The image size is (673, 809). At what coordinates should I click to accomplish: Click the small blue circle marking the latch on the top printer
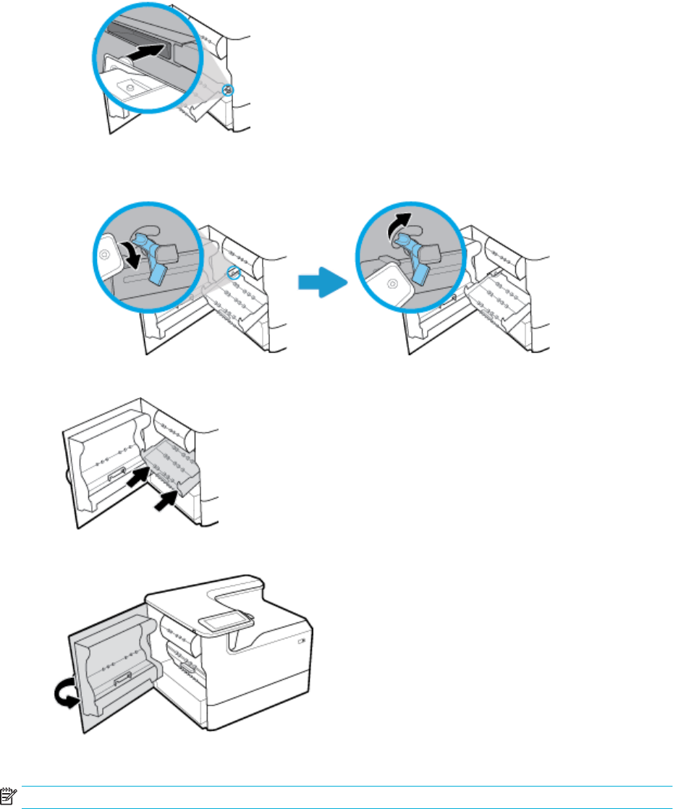click(229, 90)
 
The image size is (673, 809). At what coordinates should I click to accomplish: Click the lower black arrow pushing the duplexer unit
click(166, 499)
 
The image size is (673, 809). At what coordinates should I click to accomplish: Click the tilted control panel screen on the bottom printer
click(228, 619)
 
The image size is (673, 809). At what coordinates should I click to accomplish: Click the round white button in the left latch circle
click(105, 254)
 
